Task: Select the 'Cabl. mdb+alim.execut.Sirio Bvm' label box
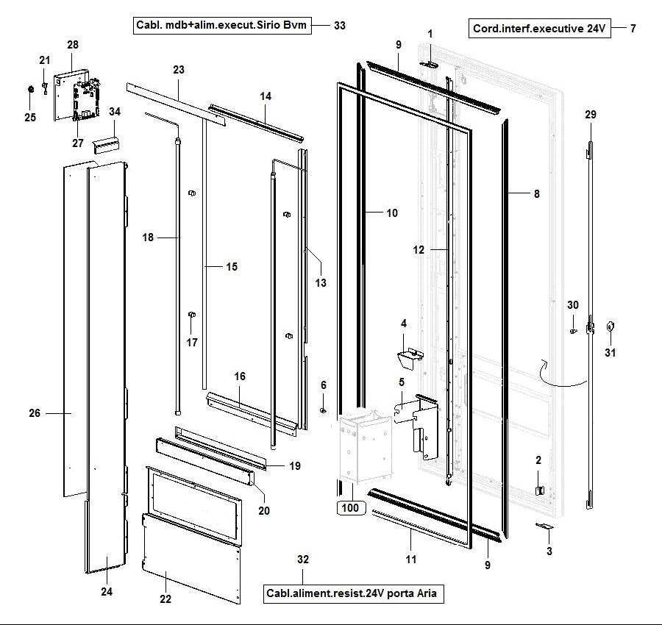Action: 221,25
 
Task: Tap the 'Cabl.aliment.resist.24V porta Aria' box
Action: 355,593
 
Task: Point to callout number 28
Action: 72,45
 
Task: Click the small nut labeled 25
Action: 30,90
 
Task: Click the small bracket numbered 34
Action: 107,145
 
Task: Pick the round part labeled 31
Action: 609,327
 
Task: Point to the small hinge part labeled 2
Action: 538,489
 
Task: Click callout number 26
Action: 35,413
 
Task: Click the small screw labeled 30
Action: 572,331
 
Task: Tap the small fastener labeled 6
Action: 324,410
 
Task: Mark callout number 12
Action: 419,250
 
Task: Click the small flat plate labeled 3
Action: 544,526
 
